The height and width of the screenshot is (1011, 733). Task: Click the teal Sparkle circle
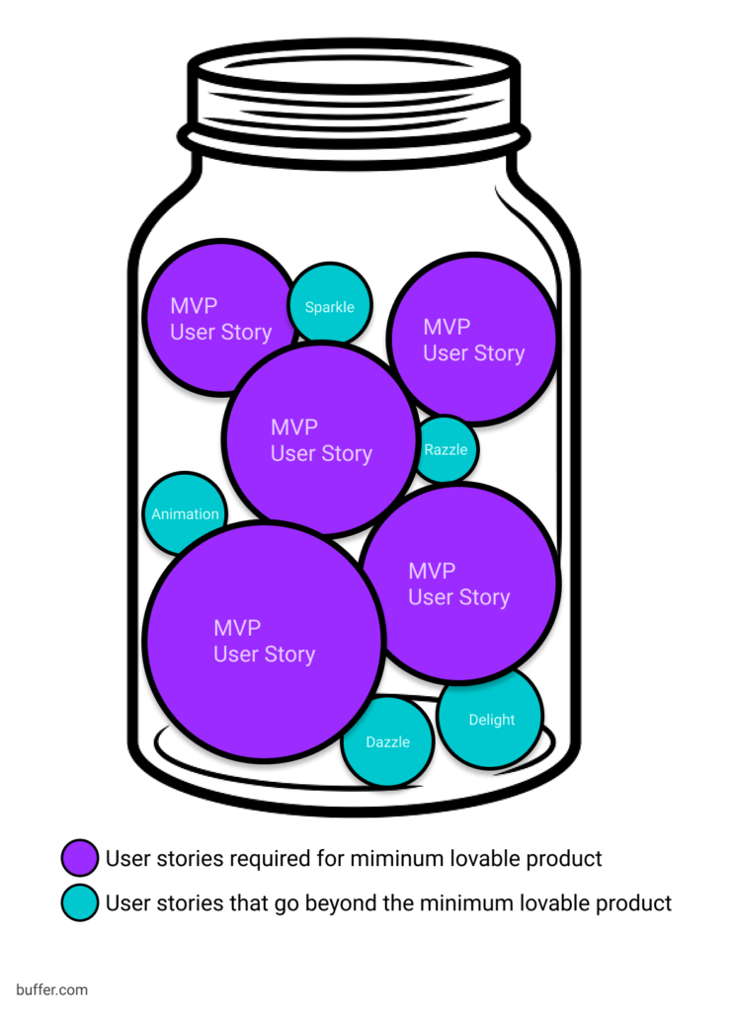click(x=329, y=305)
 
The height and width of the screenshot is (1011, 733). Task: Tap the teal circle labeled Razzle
click(x=446, y=449)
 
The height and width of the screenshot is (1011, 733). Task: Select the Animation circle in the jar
click(x=185, y=513)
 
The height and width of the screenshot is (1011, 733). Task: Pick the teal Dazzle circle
click(x=387, y=741)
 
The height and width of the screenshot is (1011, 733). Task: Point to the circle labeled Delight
click(x=491, y=719)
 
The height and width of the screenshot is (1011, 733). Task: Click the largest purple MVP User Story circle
click(x=264, y=641)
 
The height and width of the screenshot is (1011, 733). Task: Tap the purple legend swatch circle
click(x=79, y=858)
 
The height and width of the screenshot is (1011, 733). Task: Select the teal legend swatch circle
click(x=79, y=902)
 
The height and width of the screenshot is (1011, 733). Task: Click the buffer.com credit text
click(x=51, y=988)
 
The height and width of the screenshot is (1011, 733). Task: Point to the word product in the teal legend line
click(x=634, y=902)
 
